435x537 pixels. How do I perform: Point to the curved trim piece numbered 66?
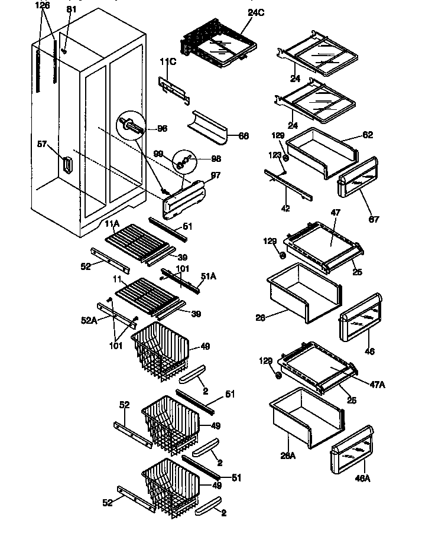(209, 126)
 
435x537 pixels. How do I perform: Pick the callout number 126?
(43, 5)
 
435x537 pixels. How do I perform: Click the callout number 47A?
(377, 384)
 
